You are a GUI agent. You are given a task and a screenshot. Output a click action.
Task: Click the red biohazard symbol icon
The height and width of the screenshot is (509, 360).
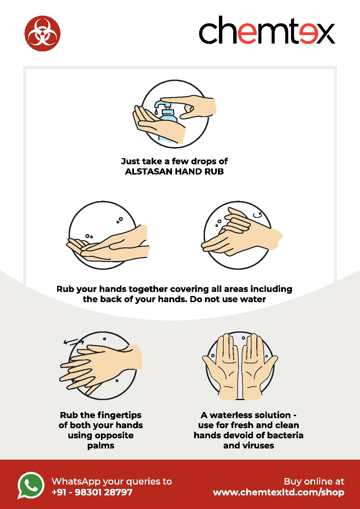pyautogui.click(x=42, y=33)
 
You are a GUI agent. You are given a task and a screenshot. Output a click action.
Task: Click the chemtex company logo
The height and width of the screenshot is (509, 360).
pyautogui.click(x=267, y=30)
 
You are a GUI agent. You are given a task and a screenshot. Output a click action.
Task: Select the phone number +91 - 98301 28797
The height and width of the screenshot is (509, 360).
pyautogui.click(x=92, y=492)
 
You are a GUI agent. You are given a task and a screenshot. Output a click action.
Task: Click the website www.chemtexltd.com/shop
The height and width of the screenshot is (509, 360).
pyautogui.click(x=278, y=492)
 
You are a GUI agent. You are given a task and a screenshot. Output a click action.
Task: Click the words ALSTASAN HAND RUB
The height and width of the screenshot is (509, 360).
pyautogui.click(x=174, y=171)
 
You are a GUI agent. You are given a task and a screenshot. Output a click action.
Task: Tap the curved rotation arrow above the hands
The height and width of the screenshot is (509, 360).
pyautogui.click(x=258, y=215)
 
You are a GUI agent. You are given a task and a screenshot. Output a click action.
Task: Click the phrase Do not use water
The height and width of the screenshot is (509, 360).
pyautogui.click(x=228, y=299)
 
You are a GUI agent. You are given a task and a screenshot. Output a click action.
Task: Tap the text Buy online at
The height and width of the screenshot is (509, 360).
pyautogui.click(x=314, y=481)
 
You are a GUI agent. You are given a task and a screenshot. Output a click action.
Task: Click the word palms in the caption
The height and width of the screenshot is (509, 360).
pyautogui.click(x=101, y=446)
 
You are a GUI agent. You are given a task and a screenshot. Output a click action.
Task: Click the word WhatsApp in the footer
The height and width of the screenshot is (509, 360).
pyautogui.click(x=76, y=481)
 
